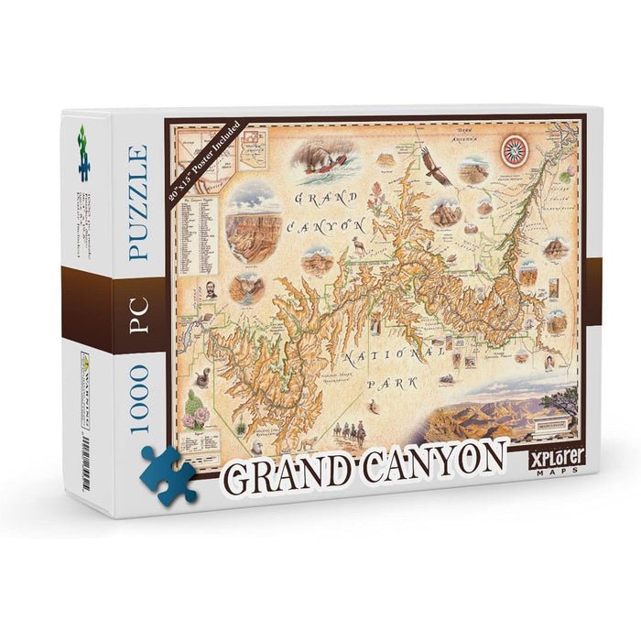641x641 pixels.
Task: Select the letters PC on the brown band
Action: pyautogui.click(x=136, y=310)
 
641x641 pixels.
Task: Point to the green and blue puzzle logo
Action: pyautogui.click(x=84, y=152)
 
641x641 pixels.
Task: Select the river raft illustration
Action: pyautogui.click(x=325, y=163)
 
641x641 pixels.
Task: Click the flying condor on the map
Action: pyautogui.click(x=438, y=168)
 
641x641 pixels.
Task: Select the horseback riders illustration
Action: pyautogui.click(x=349, y=429)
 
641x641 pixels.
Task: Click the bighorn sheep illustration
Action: pyautogui.click(x=358, y=244)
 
